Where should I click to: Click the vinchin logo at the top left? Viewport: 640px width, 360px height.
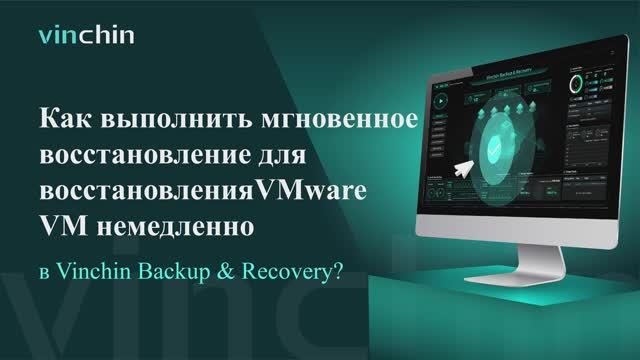coord(86,38)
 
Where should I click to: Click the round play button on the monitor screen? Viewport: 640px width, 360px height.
coord(441,103)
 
